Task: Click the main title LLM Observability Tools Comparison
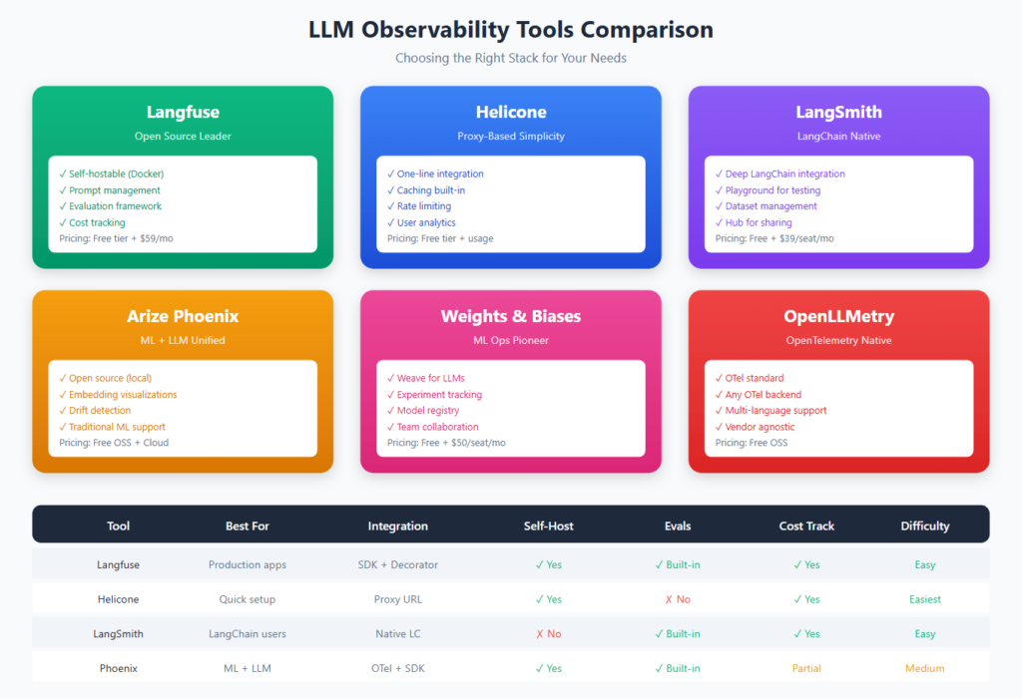click(510, 30)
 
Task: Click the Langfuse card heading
click(183, 112)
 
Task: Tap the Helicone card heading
click(510, 112)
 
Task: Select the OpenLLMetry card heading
click(838, 316)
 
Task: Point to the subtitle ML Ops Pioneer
click(510, 340)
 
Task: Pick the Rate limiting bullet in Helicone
click(424, 206)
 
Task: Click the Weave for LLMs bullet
click(430, 378)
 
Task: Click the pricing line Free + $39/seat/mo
click(774, 238)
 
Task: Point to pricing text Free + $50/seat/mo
click(446, 443)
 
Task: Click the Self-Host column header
click(548, 525)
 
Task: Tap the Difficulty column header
click(924, 525)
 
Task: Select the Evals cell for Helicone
click(677, 599)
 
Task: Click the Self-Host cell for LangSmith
click(548, 633)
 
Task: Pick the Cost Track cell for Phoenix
click(806, 668)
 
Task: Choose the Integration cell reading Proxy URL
click(397, 599)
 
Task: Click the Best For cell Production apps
click(247, 564)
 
